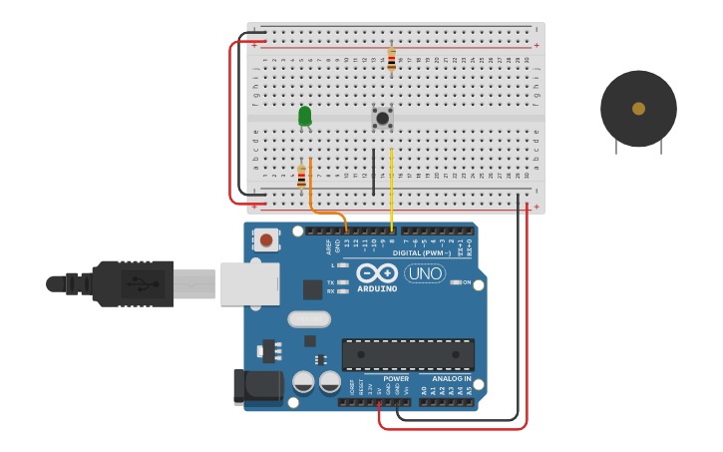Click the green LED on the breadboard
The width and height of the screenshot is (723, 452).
(x=305, y=117)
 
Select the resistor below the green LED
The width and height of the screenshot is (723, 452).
(x=301, y=177)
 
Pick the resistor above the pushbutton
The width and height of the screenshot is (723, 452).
(x=391, y=60)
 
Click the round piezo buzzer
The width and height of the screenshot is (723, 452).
(x=638, y=109)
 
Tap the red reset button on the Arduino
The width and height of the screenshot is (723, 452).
(x=266, y=239)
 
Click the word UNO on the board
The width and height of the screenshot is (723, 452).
(x=424, y=272)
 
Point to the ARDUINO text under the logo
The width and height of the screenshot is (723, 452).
(x=377, y=289)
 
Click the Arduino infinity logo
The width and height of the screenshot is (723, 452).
(x=377, y=273)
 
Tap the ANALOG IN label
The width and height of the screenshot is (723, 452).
(x=451, y=379)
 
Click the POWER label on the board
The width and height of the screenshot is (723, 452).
(x=396, y=379)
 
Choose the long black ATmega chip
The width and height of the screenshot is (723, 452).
(x=408, y=354)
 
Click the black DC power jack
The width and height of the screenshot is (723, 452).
(x=250, y=387)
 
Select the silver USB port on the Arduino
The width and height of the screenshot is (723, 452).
(x=248, y=283)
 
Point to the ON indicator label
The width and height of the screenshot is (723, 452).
(x=466, y=282)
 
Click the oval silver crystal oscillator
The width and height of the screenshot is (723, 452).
(x=309, y=319)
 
